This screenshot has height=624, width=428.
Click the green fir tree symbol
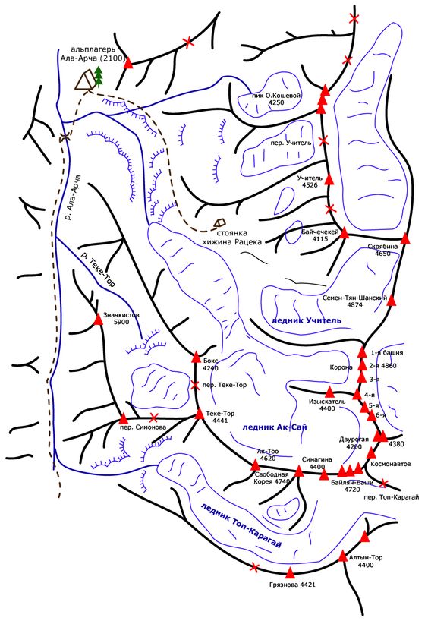[98, 77]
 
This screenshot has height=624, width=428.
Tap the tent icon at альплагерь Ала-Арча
[85, 80]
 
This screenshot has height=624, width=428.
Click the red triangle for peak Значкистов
[98, 319]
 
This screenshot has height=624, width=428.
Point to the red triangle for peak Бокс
[196, 357]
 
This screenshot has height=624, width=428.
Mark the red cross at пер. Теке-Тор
[195, 385]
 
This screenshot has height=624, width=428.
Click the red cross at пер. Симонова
[153, 418]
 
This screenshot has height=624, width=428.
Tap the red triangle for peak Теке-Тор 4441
[200, 414]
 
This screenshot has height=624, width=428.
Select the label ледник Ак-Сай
[275, 427]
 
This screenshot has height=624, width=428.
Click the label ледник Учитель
[307, 320]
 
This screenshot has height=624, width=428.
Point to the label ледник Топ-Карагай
[241, 525]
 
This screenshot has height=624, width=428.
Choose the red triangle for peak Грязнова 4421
[290, 572]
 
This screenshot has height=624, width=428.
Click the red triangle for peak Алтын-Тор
[343, 556]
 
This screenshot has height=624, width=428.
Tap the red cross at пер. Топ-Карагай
[383, 483]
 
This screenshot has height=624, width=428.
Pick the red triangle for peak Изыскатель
[329, 392]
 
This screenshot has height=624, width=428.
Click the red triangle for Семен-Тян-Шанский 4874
[392, 300]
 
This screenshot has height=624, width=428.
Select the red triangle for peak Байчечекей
[344, 233]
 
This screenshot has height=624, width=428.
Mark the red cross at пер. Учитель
[323, 140]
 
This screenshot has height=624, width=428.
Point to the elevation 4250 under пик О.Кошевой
[276, 102]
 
